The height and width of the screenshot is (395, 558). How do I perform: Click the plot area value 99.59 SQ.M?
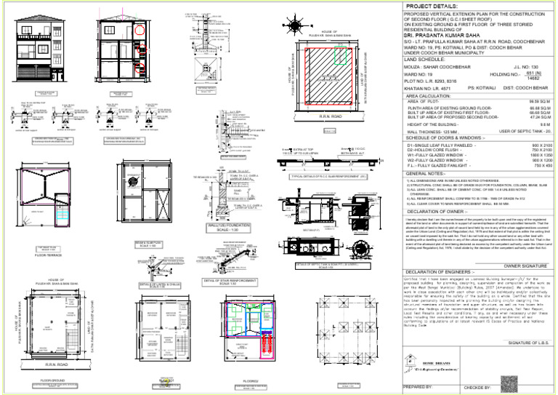[x=540, y=100]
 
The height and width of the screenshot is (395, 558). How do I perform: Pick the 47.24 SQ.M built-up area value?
[x=539, y=118]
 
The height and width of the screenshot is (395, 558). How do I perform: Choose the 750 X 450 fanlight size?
[x=538, y=166]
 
